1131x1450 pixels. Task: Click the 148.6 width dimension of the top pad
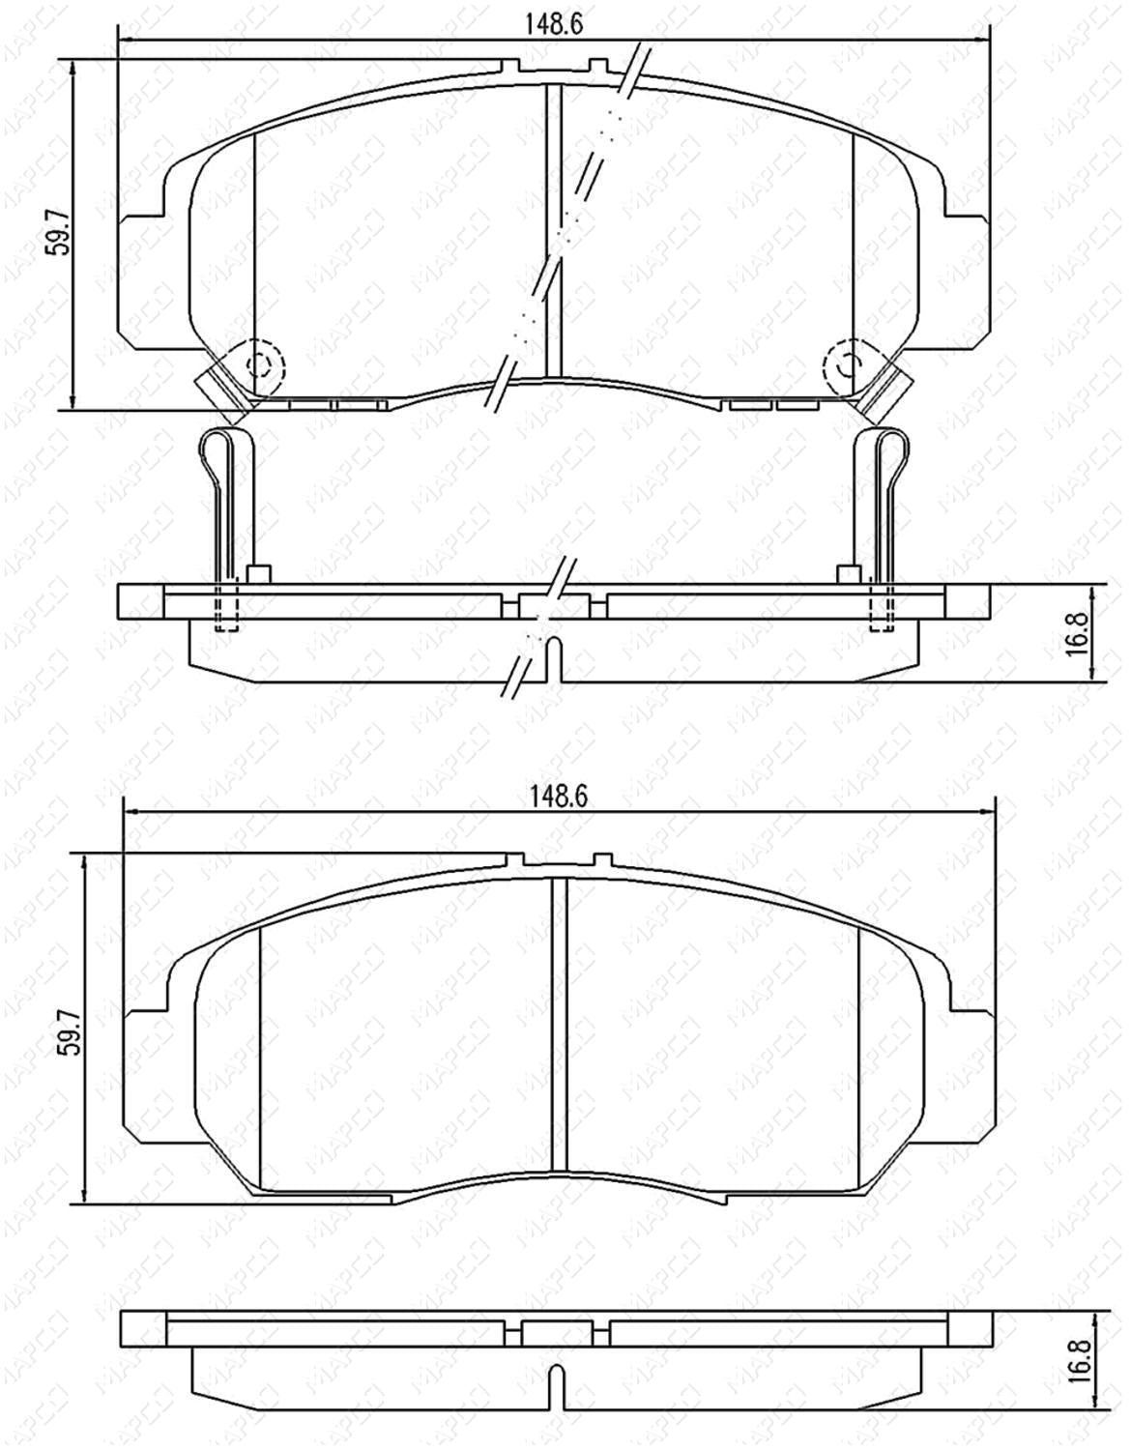(554, 25)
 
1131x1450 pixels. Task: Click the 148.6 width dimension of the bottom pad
(557, 797)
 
